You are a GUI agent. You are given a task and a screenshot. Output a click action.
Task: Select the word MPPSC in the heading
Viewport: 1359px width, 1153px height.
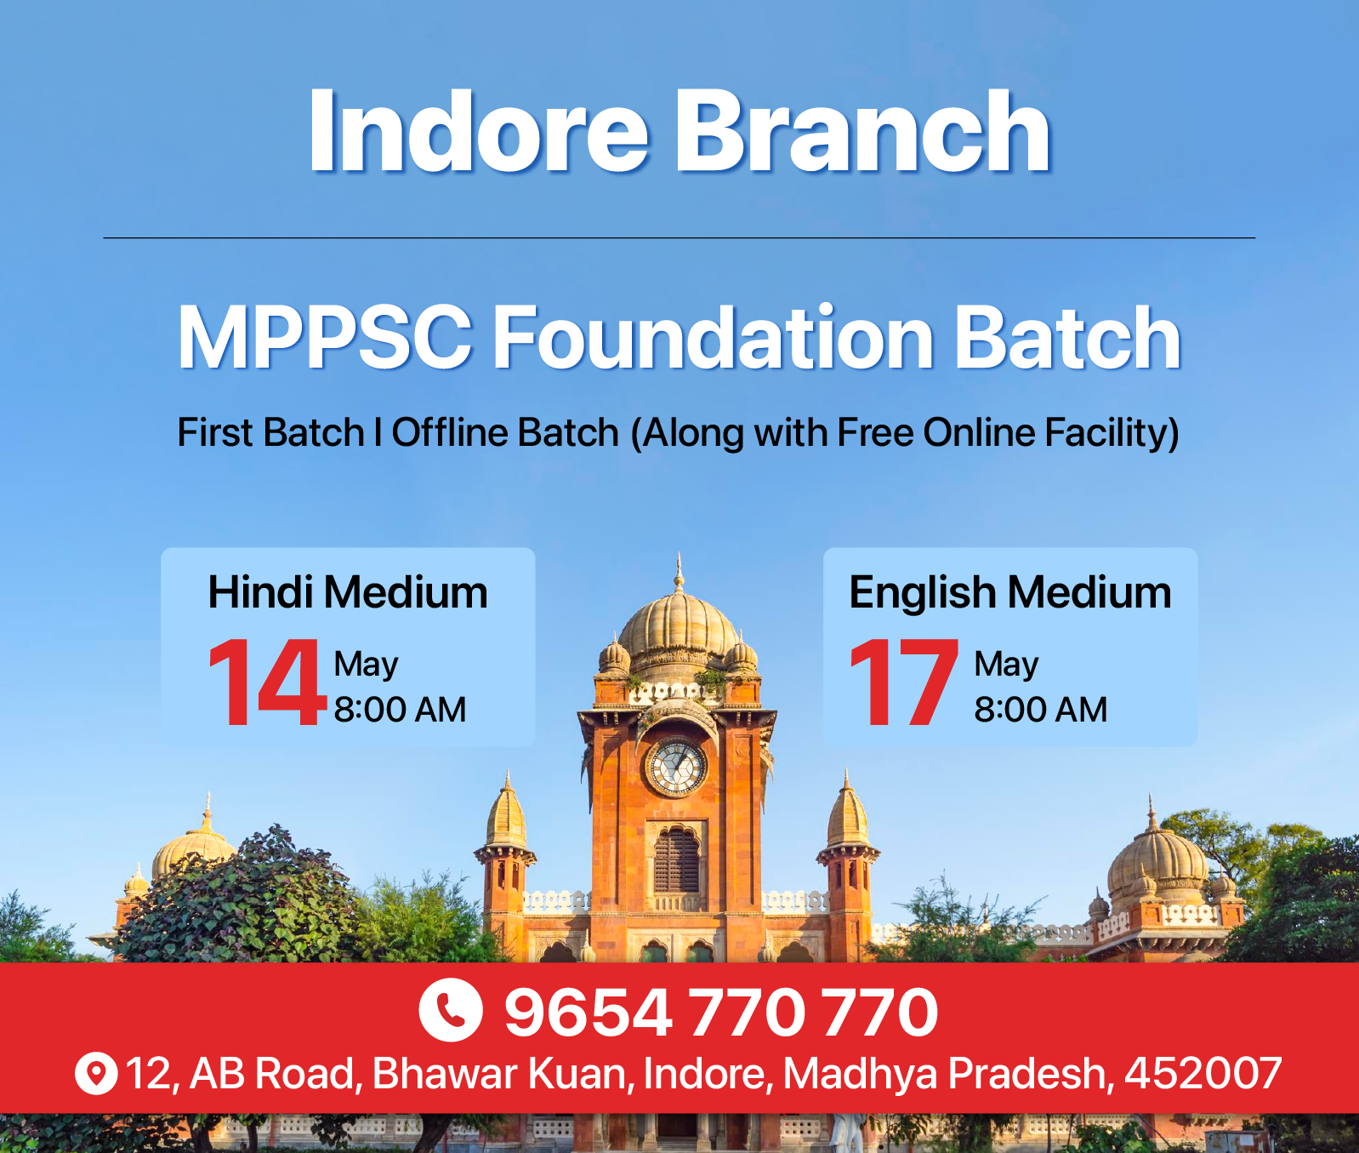(x=325, y=337)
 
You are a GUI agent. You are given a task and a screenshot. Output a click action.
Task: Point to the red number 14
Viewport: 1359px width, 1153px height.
(x=267, y=682)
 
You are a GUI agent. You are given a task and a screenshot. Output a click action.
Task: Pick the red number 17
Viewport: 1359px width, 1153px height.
(x=904, y=682)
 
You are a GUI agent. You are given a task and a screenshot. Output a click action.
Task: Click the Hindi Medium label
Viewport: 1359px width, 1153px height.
(x=348, y=592)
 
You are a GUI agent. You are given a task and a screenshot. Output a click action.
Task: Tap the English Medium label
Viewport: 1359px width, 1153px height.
(x=1010, y=593)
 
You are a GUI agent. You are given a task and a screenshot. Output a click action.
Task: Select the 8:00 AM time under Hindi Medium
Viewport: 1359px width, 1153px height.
(x=400, y=710)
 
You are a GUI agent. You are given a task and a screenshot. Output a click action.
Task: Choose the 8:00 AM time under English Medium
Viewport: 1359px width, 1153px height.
(x=1041, y=710)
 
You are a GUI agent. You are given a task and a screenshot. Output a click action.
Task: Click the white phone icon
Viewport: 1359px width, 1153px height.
(x=451, y=1010)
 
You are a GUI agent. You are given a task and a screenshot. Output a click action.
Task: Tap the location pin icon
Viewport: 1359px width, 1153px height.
(x=96, y=1074)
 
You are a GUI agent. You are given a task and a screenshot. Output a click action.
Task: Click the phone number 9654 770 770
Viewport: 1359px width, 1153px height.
(x=721, y=1013)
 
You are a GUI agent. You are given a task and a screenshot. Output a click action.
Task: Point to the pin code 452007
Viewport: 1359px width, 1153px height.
(x=1203, y=1074)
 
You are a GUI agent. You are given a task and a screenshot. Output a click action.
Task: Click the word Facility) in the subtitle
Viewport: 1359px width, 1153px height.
(x=1112, y=434)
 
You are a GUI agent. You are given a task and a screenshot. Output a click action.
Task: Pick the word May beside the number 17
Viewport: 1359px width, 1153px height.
(x=1006, y=665)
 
